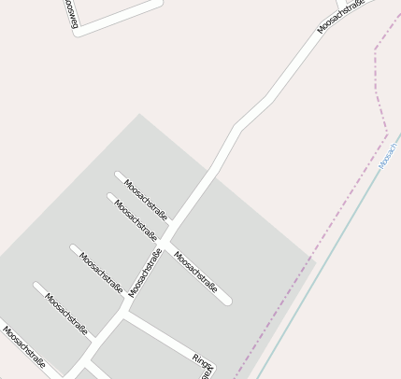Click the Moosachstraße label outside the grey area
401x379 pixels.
[x=340, y=16]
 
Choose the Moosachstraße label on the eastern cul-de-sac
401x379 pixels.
[x=195, y=272]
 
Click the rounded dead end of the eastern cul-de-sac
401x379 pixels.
[x=226, y=301]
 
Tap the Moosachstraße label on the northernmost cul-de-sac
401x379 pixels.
[x=146, y=199]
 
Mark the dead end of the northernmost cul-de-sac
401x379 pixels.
[x=119, y=175]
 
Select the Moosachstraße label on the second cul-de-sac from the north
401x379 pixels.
[x=136, y=218]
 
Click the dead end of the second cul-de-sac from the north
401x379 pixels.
[x=111, y=197]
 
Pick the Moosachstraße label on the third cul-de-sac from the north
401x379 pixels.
[x=101, y=273]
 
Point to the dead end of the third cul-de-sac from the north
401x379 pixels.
[x=74, y=248]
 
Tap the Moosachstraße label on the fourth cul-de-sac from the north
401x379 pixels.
[x=66, y=314]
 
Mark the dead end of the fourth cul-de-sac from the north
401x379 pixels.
[x=37, y=286]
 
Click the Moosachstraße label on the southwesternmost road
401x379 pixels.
[x=23, y=346]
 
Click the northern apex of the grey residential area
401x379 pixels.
[x=140, y=114]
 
